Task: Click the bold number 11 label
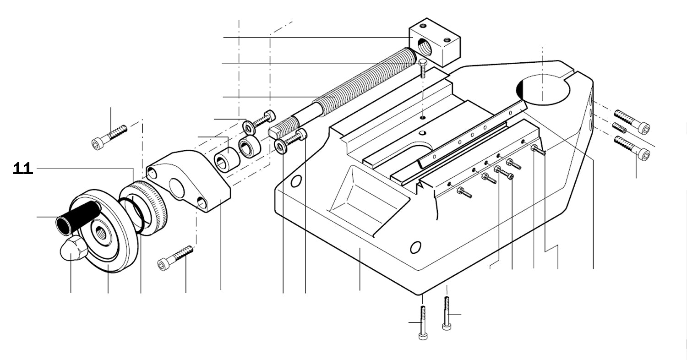coord(23,169)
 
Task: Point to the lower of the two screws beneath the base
coord(423,322)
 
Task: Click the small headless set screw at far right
coord(619,128)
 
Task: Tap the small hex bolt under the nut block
coord(423,68)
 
